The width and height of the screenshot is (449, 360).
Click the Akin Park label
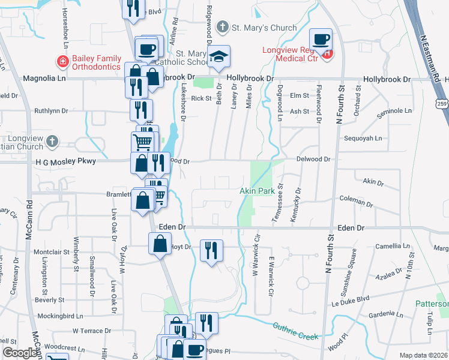pos(257,191)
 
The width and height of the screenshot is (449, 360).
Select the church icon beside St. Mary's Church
pos(223,27)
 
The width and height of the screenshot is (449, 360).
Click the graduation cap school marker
pos(219,56)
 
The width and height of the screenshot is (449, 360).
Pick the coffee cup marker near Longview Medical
pos(321,39)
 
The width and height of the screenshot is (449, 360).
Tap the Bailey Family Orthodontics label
pos(96,62)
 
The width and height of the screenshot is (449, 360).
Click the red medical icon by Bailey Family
pos(62,61)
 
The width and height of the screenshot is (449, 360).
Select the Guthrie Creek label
pos(295,332)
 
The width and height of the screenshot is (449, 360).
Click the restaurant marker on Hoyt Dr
pos(211,250)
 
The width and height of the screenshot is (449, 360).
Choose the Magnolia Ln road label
pos(44,79)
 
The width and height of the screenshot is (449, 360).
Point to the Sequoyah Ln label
pos(363,138)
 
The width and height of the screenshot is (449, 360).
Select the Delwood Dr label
pos(313,159)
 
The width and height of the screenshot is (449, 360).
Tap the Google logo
pos(20,353)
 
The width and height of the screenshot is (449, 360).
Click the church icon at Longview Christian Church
pos(52,142)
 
